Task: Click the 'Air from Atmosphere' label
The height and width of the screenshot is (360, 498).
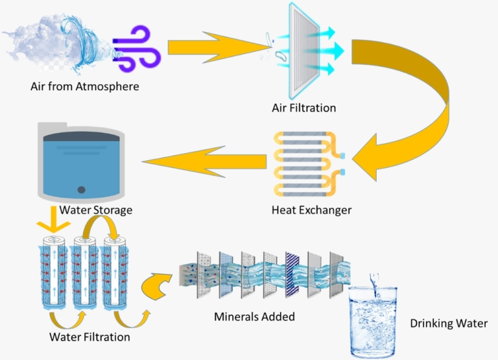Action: click(x=85, y=86)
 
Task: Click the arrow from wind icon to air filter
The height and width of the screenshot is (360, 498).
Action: click(x=217, y=47)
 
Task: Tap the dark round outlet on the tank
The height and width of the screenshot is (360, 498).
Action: click(x=81, y=190)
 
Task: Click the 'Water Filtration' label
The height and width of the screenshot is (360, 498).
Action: click(x=89, y=337)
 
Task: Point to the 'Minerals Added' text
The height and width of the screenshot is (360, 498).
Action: click(x=255, y=317)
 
